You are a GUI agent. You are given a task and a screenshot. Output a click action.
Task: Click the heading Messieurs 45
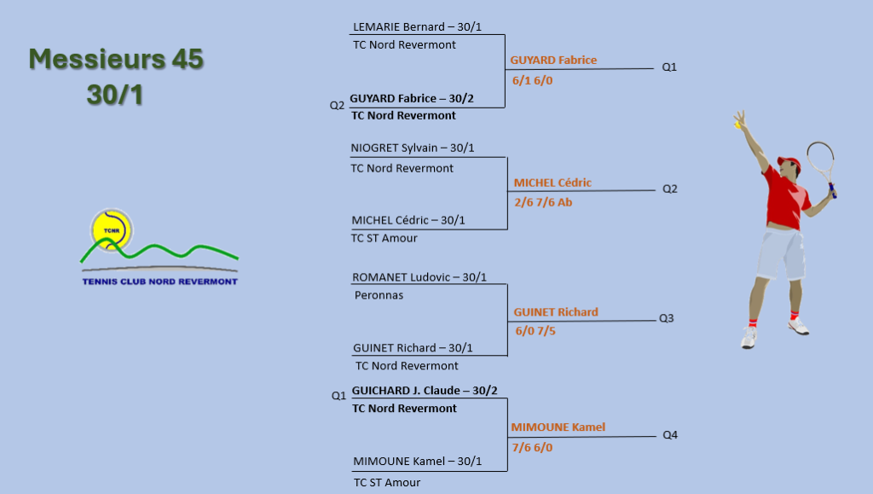point(116,59)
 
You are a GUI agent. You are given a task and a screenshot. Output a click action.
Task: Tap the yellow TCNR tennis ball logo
point(112,230)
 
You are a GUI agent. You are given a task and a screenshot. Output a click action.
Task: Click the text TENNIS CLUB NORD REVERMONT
point(159,282)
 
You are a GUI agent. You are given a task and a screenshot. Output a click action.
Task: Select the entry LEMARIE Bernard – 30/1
point(417,26)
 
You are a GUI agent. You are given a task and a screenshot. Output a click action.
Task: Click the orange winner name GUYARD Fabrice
point(553,60)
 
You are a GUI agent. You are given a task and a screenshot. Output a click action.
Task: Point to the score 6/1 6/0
point(532,81)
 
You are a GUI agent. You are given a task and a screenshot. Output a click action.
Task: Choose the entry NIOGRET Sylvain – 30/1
point(413,148)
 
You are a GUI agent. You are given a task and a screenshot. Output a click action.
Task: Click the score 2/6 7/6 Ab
point(543,202)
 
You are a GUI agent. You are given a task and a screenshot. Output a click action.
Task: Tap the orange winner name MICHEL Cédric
point(552,183)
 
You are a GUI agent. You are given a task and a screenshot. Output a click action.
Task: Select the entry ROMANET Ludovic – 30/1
point(419,277)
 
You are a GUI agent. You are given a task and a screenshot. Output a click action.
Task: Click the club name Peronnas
point(379,295)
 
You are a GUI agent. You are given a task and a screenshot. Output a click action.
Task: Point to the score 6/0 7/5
point(535,331)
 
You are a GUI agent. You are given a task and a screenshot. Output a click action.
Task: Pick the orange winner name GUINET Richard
point(556,312)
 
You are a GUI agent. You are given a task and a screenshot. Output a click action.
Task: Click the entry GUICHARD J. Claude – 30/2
point(425,391)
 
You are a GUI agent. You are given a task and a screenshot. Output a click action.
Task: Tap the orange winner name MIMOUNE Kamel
point(558,427)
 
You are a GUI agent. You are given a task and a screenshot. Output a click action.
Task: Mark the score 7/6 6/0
point(532,447)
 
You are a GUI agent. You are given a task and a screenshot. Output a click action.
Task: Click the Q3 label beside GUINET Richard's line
point(667,318)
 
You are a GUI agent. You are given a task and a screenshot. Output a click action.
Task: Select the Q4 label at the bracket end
point(670,435)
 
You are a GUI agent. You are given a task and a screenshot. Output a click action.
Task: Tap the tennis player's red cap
point(789,162)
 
